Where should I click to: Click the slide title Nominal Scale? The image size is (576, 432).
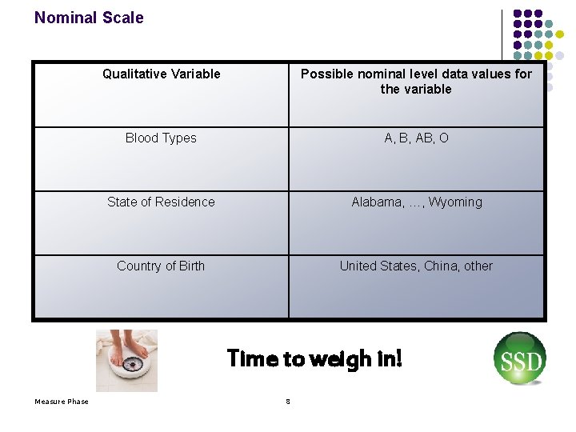click(x=89, y=18)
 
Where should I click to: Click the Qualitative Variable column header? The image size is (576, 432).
click(x=161, y=74)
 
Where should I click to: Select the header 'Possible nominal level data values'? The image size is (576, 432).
click(x=416, y=82)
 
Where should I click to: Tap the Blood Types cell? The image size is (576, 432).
click(x=161, y=138)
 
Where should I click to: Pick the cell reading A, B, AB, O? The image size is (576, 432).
click(x=416, y=138)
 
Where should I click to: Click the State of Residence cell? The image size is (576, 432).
click(x=161, y=202)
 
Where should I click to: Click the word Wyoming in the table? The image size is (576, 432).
click(x=455, y=202)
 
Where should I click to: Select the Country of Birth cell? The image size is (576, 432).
click(x=161, y=266)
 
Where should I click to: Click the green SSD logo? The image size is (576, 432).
click(x=520, y=359)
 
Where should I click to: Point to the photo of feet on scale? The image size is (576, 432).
click(x=126, y=360)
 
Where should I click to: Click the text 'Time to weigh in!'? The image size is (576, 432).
click(x=314, y=358)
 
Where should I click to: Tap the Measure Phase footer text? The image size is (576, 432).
click(x=62, y=402)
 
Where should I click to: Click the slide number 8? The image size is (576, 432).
click(x=288, y=402)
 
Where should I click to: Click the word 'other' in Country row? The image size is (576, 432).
click(x=478, y=266)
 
